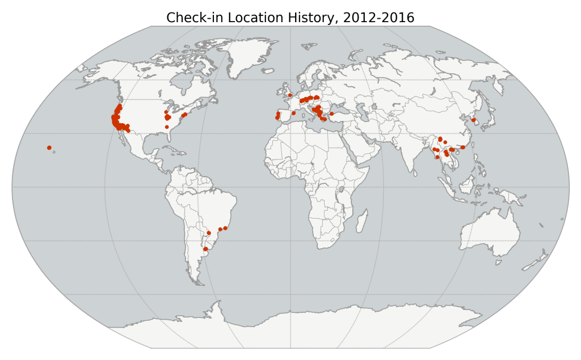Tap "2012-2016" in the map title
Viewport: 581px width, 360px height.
click(378, 18)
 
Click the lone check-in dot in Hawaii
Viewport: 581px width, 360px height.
click(49, 148)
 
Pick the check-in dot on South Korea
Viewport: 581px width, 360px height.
click(473, 120)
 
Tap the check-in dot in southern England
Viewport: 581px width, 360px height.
click(290, 95)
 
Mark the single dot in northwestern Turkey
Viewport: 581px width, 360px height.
click(331, 114)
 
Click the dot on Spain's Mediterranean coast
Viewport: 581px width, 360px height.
click(293, 113)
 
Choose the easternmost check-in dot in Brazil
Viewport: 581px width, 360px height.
click(225, 228)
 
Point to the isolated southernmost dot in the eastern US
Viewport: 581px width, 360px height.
click(167, 127)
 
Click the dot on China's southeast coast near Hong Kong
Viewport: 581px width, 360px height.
click(463, 147)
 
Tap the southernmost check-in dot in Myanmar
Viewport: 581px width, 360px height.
click(437, 157)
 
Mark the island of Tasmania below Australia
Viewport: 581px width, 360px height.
click(498, 262)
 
